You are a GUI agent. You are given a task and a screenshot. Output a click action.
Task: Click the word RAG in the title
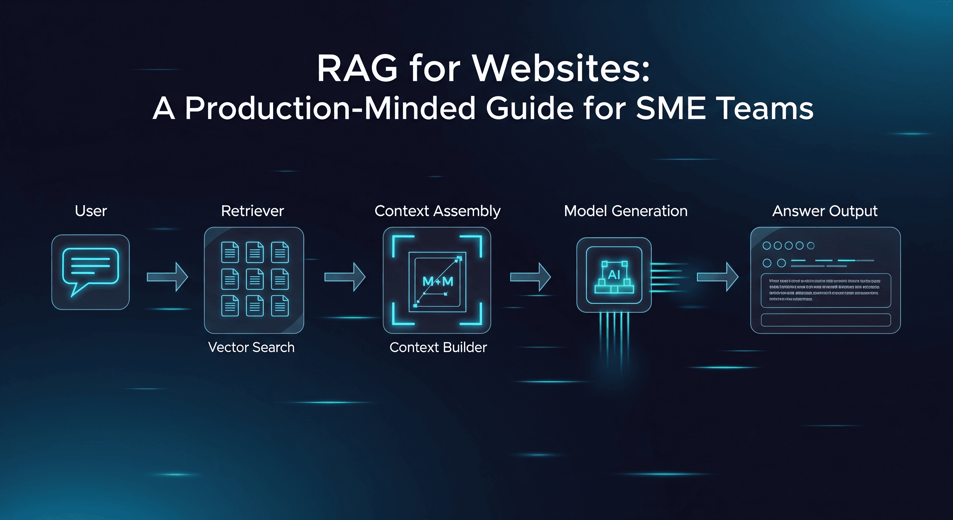tap(357, 69)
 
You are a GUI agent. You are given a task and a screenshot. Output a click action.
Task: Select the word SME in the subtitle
tap(670, 108)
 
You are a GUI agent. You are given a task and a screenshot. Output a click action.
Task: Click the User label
tap(91, 211)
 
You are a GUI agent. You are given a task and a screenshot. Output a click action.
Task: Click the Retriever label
tap(252, 211)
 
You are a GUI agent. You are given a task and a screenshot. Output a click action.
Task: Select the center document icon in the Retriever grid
tap(254, 279)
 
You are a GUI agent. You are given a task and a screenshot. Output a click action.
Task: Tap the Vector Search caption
tap(251, 347)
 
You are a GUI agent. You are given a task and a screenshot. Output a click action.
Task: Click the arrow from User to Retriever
tap(167, 277)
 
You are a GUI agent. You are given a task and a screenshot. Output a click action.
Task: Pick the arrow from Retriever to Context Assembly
tap(345, 277)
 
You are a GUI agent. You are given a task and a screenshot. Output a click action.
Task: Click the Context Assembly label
tap(437, 211)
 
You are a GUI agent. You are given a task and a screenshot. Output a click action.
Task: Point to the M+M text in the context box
tap(438, 281)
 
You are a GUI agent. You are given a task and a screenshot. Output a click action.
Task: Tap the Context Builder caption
tap(438, 347)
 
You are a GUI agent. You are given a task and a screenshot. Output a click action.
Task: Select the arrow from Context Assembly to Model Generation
tap(531, 277)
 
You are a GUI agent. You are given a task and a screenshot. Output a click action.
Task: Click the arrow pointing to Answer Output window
tap(717, 277)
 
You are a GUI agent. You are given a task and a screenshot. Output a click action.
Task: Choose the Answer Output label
tap(825, 211)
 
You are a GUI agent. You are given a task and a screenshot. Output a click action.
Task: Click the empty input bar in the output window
tap(825, 320)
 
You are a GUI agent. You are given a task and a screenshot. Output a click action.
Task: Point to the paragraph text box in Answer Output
tap(825, 290)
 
